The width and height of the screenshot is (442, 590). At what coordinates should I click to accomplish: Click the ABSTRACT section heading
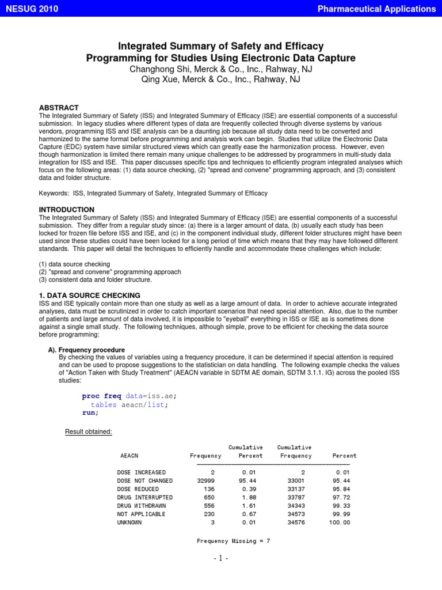click(x=58, y=108)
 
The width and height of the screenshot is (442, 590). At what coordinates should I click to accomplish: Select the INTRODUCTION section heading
click(x=66, y=209)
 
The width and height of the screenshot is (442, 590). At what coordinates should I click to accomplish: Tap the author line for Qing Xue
click(x=221, y=80)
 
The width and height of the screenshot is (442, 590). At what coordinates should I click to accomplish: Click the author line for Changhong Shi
click(x=221, y=69)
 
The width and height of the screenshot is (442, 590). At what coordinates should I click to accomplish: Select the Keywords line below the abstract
click(x=153, y=194)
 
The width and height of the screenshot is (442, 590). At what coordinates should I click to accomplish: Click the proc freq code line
click(x=129, y=396)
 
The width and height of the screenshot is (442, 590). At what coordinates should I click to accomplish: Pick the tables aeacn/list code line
click(x=130, y=404)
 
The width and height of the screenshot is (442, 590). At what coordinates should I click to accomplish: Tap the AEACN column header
click(x=129, y=456)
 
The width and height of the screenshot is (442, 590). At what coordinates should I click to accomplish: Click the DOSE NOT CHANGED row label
click(x=144, y=480)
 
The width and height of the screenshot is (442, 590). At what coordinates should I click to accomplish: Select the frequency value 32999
click(x=209, y=480)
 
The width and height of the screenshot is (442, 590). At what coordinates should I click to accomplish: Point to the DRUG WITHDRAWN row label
click(x=143, y=505)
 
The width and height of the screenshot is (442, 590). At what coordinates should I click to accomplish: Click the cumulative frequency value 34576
click(x=301, y=523)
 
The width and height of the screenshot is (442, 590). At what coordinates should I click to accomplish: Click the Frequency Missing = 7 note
click(x=233, y=541)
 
